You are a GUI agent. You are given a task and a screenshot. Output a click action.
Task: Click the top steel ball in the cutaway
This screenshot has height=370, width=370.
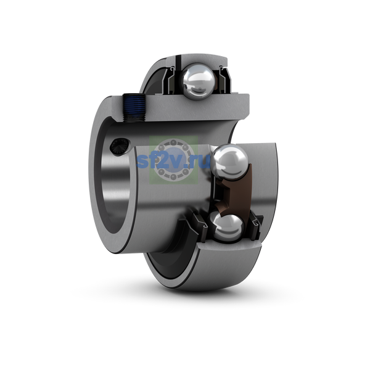(199, 81)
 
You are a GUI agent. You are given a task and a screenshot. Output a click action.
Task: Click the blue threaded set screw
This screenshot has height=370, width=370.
(134, 107)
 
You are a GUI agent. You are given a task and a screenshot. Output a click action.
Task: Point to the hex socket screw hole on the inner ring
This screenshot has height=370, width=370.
(119, 146)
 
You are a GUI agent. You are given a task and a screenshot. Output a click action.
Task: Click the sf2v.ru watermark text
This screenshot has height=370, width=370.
(173, 161)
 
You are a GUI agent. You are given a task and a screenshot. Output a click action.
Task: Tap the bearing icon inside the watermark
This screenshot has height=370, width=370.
(173, 160)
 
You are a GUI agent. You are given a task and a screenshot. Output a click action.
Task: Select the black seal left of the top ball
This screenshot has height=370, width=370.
(173, 80)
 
